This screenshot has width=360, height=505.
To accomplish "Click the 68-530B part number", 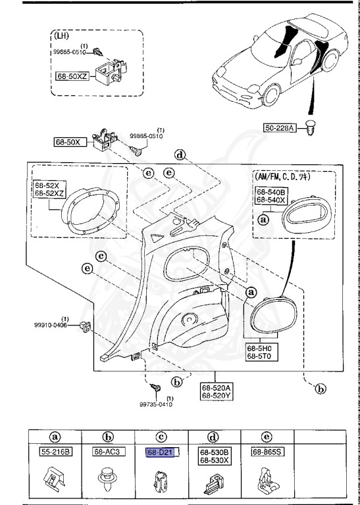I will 213,452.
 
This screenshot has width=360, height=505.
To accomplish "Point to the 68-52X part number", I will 47,186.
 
